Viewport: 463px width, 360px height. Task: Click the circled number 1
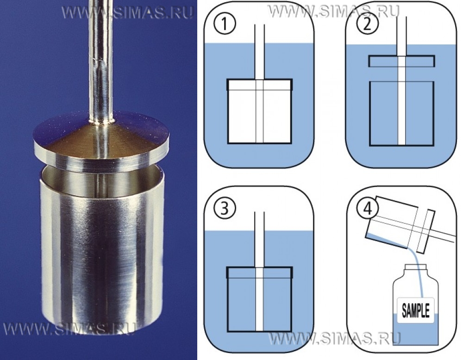[225, 24]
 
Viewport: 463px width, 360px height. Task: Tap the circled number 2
[367, 24]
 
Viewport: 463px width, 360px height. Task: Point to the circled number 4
[367, 209]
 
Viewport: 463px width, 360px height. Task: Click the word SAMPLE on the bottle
[415, 310]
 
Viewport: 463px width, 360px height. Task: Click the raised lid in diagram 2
[402, 61]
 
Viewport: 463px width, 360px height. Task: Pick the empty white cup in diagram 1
[260, 112]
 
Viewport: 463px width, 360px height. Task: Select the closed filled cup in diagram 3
[260, 299]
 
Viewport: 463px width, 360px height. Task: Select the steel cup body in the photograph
[101, 254]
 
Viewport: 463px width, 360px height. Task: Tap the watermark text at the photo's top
[128, 13]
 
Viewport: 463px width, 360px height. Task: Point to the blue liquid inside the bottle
[415, 332]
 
